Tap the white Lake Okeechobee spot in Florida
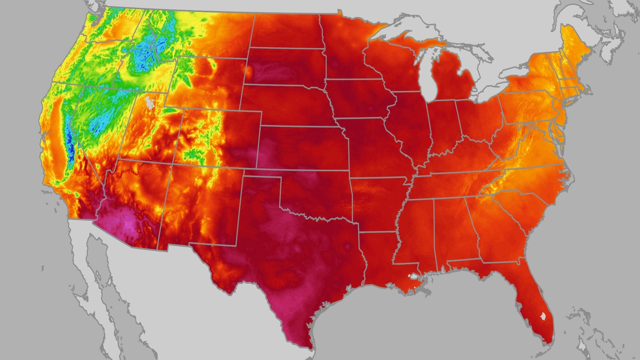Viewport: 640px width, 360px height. tap(543, 316)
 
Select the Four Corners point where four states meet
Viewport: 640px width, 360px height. tap(172, 164)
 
